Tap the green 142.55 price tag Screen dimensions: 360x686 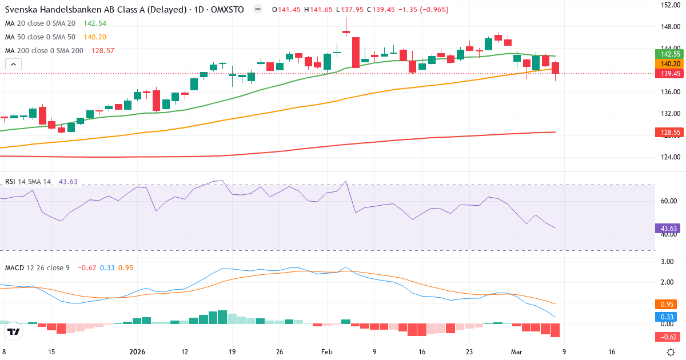[x=668, y=54]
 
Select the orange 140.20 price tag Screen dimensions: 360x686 [x=668, y=64]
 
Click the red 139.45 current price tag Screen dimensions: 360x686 [x=668, y=74]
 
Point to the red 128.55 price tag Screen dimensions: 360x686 [x=668, y=133]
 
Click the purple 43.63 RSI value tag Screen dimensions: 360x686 [x=668, y=229]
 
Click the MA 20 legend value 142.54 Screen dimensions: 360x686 [x=95, y=23]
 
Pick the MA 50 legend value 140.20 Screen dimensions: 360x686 [x=95, y=37]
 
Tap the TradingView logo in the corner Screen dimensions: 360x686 [x=14, y=331]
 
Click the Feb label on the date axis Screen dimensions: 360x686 [x=326, y=352]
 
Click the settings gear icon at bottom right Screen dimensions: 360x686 [x=672, y=352]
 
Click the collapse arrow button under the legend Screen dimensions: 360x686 [x=13, y=65]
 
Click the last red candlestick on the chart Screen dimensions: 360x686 [x=555, y=68]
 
